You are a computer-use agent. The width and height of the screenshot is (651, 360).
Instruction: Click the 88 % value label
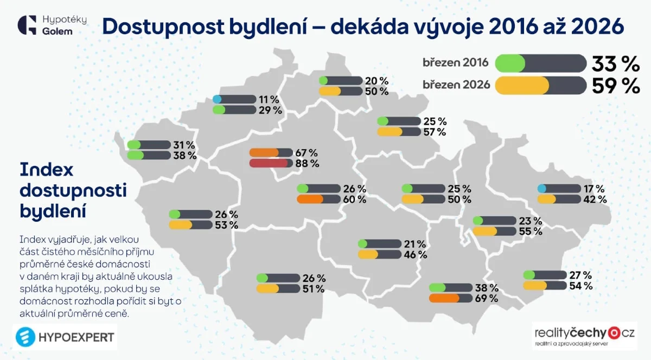pyautogui.click(x=307, y=163)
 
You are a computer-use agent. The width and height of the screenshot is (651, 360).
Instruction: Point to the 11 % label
pyautogui.click(x=269, y=100)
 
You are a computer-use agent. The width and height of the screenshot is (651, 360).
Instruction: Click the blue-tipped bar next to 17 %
pyautogui.click(x=559, y=189)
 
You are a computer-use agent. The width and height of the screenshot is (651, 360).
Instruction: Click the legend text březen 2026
pyautogui.click(x=456, y=85)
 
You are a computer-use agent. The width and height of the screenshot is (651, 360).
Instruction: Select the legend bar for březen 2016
pyautogui.click(x=540, y=63)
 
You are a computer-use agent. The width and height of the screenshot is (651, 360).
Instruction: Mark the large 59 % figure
pyautogui.click(x=616, y=85)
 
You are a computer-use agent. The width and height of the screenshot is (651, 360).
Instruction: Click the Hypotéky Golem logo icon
pyautogui.click(x=27, y=25)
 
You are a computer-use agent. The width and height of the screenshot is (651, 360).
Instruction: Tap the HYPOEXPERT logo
pyautogui.click(x=65, y=337)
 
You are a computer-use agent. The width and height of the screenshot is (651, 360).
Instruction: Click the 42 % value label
pyautogui.click(x=595, y=199)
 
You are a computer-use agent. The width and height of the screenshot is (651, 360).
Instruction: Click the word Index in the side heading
pyautogui.click(x=46, y=170)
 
